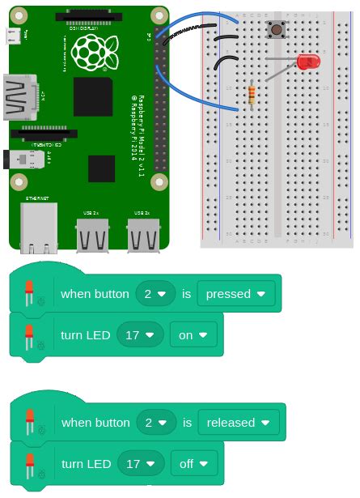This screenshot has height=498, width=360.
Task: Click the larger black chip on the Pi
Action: [x=93, y=96]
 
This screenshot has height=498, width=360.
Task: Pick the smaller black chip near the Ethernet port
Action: [x=101, y=168]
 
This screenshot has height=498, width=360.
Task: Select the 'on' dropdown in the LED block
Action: [x=193, y=334]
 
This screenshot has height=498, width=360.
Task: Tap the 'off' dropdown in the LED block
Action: [x=194, y=464]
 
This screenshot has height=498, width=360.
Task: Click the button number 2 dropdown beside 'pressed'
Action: [x=155, y=294]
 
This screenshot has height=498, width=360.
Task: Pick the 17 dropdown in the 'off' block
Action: [x=139, y=464]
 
